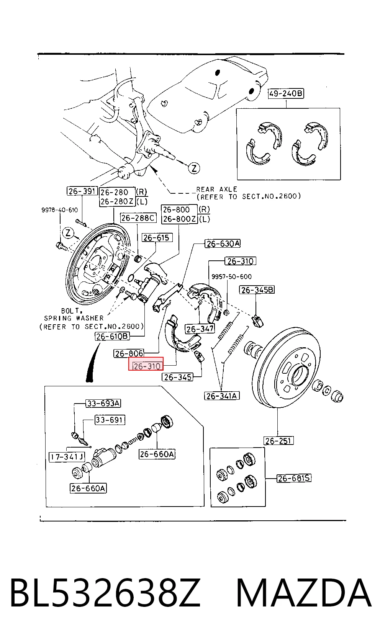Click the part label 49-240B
tap(286, 94)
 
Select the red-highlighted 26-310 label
tap(146, 364)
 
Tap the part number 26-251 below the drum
tap(278, 441)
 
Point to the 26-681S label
tap(294, 478)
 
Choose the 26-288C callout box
tap(138, 218)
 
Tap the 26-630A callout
tap(223, 244)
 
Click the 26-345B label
tap(257, 290)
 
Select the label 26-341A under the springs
tap(221, 396)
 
